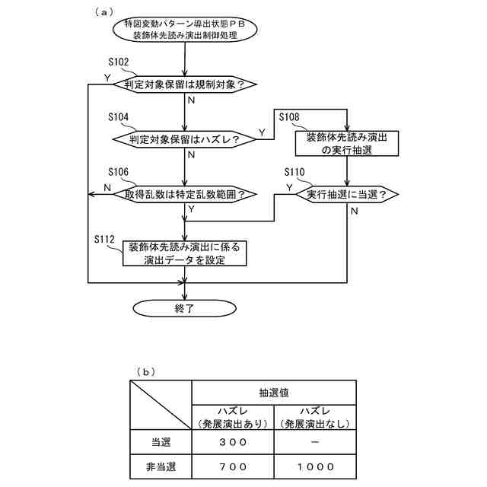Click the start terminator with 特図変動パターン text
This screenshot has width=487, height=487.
coord(185,30)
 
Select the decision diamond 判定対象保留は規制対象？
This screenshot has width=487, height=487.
coord(185,84)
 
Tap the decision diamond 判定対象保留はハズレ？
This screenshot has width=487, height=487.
coord(185,139)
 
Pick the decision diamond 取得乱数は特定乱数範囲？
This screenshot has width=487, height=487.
coord(185,194)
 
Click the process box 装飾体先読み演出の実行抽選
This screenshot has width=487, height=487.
coord(347,144)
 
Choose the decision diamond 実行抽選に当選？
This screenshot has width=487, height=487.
coord(347,194)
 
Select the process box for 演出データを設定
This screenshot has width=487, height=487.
coord(185,253)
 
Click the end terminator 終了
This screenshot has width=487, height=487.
coord(185,308)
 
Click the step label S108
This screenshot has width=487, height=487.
coord(289,116)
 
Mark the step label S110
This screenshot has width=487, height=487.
coord(294,173)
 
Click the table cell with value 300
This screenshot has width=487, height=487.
coord(232,441)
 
